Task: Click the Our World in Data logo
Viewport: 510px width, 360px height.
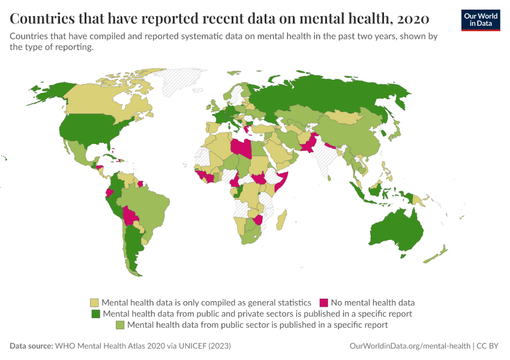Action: [x=480, y=20]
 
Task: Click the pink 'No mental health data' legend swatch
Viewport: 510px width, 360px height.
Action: [x=323, y=302]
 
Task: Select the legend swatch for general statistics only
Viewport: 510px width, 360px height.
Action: [x=94, y=302]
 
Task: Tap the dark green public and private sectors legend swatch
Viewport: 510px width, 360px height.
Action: [x=95, y=313]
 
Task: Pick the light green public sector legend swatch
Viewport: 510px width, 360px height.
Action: [x=120, y=325]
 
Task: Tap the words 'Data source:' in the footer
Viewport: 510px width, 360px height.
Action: [x=31, y=346]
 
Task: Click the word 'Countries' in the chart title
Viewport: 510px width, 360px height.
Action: [x=41, y=17]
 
